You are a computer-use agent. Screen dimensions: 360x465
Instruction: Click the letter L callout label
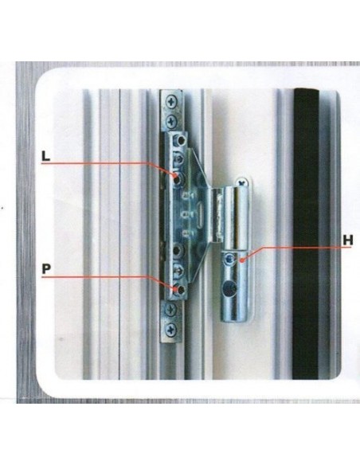pos(45,156)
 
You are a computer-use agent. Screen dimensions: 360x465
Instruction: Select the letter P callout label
pos(46,269)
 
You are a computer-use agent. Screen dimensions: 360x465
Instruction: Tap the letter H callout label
pos(348,240)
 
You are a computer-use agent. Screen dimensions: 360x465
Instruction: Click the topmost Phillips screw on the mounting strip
pos(172,102)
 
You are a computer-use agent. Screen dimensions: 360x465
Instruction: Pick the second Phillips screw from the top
pos(172,120)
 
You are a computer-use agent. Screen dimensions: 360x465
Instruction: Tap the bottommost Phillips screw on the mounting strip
pos(171,329)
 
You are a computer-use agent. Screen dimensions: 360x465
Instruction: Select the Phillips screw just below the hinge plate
pos(171,309)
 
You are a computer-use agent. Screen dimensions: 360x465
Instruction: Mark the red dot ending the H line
pos(241,261)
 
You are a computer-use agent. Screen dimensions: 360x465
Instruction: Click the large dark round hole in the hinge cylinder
pos(230,288)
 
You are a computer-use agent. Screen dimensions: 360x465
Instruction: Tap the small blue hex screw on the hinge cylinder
pos(229,260)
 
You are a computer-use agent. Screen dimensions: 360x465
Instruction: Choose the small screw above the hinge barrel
pos(241,182)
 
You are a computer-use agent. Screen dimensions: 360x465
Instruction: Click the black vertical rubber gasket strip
pos(306,233)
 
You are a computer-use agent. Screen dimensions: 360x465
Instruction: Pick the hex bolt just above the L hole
pos(178,160)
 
